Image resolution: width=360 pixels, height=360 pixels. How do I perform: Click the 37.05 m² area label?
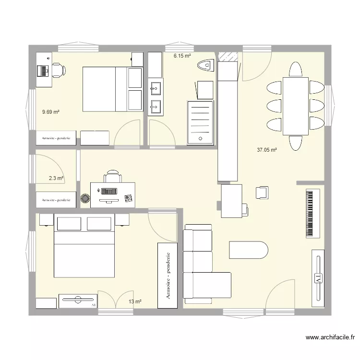click(267, 150)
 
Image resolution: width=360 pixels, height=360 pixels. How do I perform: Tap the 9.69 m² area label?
click(50, 112)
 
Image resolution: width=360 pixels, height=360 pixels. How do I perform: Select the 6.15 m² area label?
click(182, 56)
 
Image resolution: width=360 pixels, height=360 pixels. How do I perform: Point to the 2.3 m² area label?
click(56, 178)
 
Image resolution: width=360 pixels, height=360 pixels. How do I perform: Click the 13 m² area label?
click(135, 301)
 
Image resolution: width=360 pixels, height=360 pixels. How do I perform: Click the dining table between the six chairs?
click(295, 106)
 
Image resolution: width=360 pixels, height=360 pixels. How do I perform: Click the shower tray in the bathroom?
click(199, 122)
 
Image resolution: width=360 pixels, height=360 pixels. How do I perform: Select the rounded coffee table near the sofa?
click(248, 250)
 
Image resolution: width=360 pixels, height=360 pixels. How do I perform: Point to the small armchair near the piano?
click(262, 192)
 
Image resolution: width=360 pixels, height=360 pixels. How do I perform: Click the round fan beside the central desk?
click(85, 198)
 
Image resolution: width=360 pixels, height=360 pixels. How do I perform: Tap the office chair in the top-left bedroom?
click(59, 70)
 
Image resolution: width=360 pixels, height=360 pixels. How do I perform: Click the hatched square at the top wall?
click(228, 56)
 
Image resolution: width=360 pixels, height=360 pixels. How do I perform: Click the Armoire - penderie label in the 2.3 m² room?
click(56, 200)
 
